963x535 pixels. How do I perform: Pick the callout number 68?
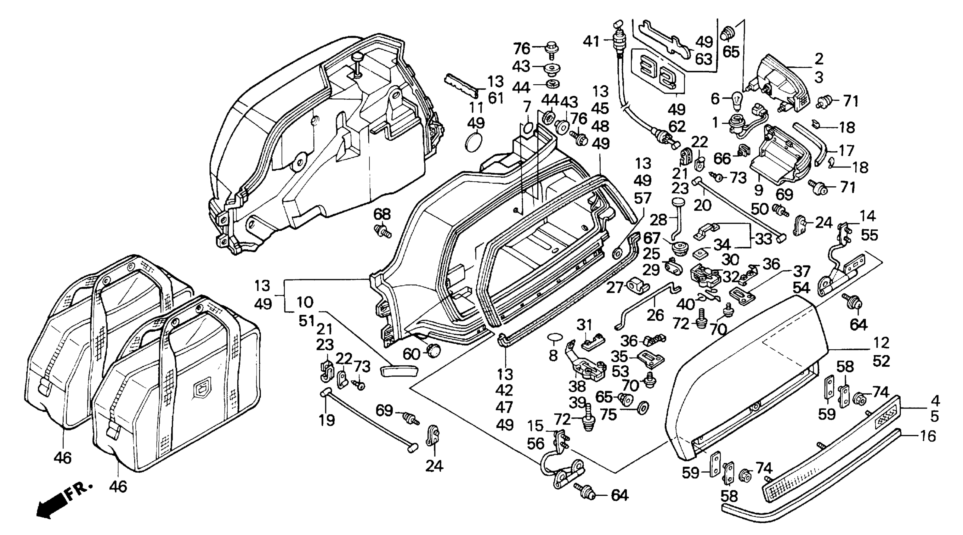pos(382,214)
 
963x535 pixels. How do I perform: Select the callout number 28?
pos(658,220)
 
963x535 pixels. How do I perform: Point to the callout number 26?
pos(655,315)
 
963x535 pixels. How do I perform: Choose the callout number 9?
pos(758,190)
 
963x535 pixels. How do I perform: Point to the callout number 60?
pos(411,354)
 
